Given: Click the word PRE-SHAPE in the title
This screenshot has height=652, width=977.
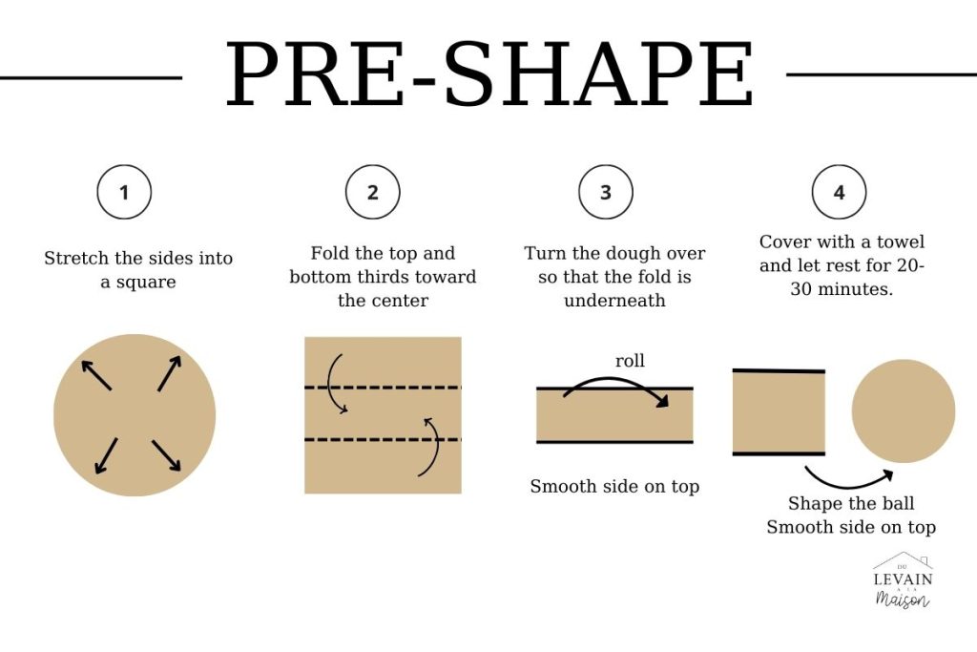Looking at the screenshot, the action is click(489, 74).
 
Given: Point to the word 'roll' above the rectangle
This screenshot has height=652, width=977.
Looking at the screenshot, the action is click(630, 360).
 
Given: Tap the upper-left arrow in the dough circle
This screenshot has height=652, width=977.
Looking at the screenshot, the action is click(96, 374).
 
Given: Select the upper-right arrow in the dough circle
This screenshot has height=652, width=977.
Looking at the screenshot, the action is click(170, 373).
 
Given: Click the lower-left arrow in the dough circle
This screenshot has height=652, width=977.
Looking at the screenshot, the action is click(106, 455).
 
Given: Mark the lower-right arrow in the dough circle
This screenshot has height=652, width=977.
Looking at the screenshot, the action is click(166, 455).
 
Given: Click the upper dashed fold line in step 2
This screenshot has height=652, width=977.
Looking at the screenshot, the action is click(383, 388).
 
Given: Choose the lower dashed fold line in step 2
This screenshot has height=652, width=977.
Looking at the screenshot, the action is click(383, 439).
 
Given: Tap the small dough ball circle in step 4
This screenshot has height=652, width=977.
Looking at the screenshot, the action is click(904, 410).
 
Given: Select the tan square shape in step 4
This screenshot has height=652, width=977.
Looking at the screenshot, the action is click(779, 412).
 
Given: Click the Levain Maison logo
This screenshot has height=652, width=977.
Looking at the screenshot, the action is click(903, 579).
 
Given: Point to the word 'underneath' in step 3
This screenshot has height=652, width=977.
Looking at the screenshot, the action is click(614, 301).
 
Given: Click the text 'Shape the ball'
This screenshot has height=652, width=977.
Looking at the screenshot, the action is click(850, 503).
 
